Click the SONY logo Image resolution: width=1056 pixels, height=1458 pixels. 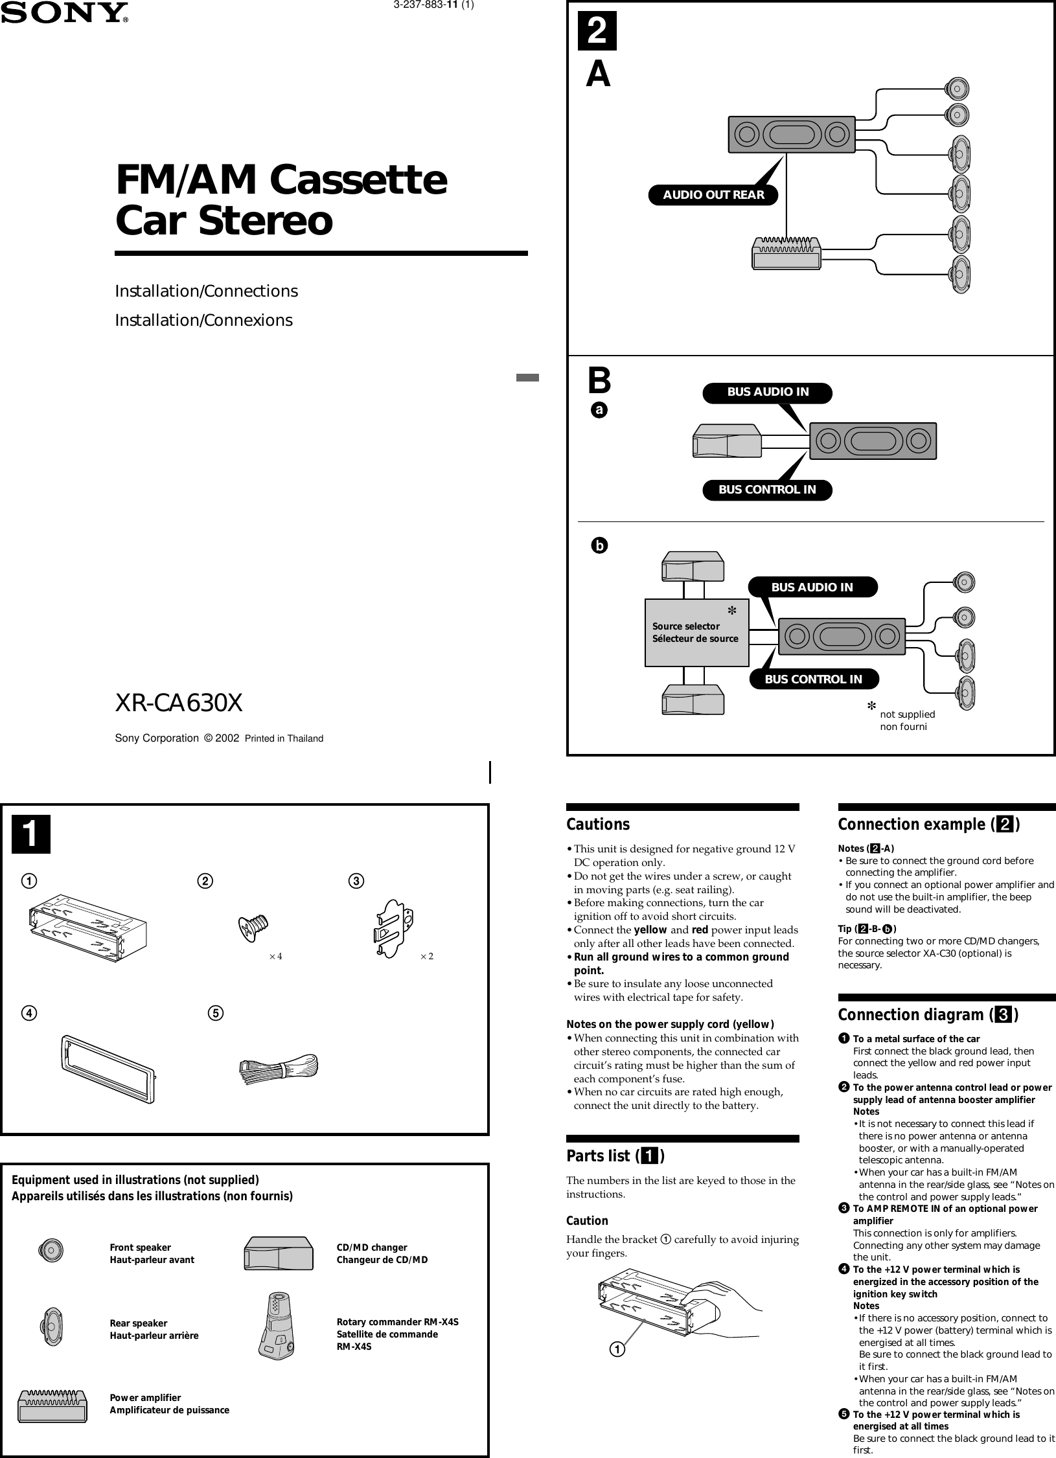64,12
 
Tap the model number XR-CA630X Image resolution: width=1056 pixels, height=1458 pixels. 179,703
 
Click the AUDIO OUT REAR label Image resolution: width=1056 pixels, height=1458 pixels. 713,194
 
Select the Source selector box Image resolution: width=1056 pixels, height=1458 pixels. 696,632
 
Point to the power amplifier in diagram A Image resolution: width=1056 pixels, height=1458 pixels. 786,253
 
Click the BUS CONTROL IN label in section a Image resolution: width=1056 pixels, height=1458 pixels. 767,490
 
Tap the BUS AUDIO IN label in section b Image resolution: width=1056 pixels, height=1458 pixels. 812,587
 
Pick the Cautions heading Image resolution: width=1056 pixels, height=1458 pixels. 598,825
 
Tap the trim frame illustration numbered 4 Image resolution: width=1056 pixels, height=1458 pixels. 109,1069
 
